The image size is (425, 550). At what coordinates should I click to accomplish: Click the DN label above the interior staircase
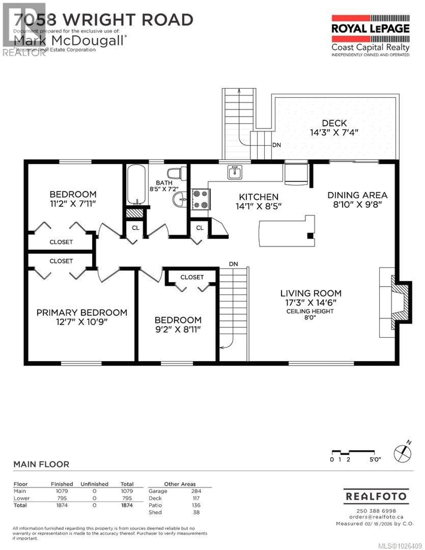point(233,264)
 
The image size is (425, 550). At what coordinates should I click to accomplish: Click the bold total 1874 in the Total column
point(127,505)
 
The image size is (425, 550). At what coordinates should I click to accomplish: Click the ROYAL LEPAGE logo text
point(370,29)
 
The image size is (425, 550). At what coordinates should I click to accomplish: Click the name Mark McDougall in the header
point(69,40)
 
